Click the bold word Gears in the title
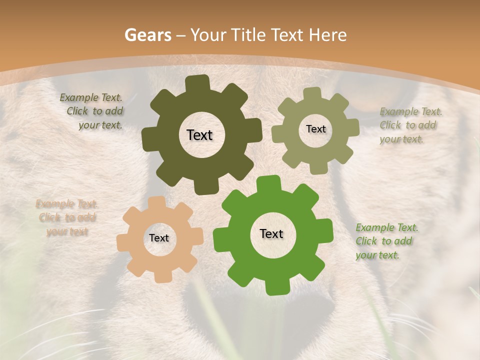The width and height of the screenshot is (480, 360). (x=147, y=35)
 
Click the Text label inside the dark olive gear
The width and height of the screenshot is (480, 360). (x=199, y=135)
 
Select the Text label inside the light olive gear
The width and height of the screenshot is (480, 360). (x=315, y=129)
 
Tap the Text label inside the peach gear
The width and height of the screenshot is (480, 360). (x=159, y=238)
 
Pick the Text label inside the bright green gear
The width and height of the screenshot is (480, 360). (x=271, y=233)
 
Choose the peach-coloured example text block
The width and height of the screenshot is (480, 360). (x=66, y=217)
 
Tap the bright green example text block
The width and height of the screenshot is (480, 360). (x=386, y=241)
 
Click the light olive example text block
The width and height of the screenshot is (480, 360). (x=410, y=125)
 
